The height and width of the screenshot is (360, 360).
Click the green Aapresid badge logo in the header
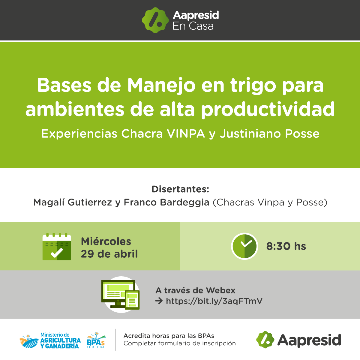(x=155, y=20)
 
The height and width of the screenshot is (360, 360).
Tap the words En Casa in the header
(x=193, y=26)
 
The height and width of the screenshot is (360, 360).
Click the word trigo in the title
(x=253, y=86)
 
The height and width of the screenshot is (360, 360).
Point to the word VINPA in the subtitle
(x=186, y=133)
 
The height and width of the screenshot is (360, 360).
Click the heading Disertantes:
(x=180, y=189)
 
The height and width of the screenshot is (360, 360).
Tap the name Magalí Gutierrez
(x=73, y=202)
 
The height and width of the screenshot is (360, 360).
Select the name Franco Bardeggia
(x=166, y=202)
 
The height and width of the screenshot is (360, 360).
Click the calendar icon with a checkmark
(x=57, y=247)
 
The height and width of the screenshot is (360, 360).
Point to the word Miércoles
(x=106, y=241)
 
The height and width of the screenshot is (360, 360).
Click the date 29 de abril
(x=109, y=254)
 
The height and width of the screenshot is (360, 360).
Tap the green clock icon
(x=244, y=246)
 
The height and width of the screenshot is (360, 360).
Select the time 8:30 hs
(x=286, y=246)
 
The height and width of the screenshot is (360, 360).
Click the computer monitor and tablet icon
(x=121, y=294)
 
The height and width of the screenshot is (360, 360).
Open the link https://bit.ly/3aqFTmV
(x=214, y=301)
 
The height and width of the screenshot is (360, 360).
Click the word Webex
(x=220, y=290)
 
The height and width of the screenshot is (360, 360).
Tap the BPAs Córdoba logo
(x=96, y=340)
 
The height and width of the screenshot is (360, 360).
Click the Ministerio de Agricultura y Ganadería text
(x=60, y=340)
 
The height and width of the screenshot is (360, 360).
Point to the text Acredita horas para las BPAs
(x=169, y=336)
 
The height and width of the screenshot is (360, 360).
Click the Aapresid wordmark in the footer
(x=309, y=340)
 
